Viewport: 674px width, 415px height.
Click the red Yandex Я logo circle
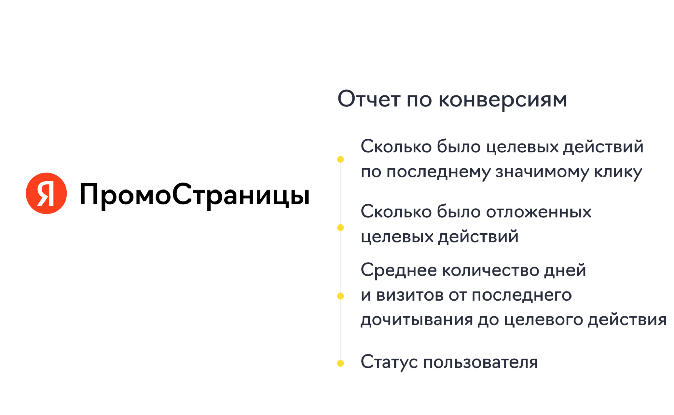click(x=46, y=194)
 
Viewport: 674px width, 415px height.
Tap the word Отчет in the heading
click(x=369, y=99)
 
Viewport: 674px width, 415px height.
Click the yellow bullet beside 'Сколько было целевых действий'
click(x=340, y=159)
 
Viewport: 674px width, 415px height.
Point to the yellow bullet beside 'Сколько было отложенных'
click(x=340, y=228)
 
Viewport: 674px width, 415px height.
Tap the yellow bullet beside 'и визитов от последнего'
click(x=340, y=296)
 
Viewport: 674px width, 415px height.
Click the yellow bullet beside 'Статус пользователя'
click(x=340, y=363)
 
